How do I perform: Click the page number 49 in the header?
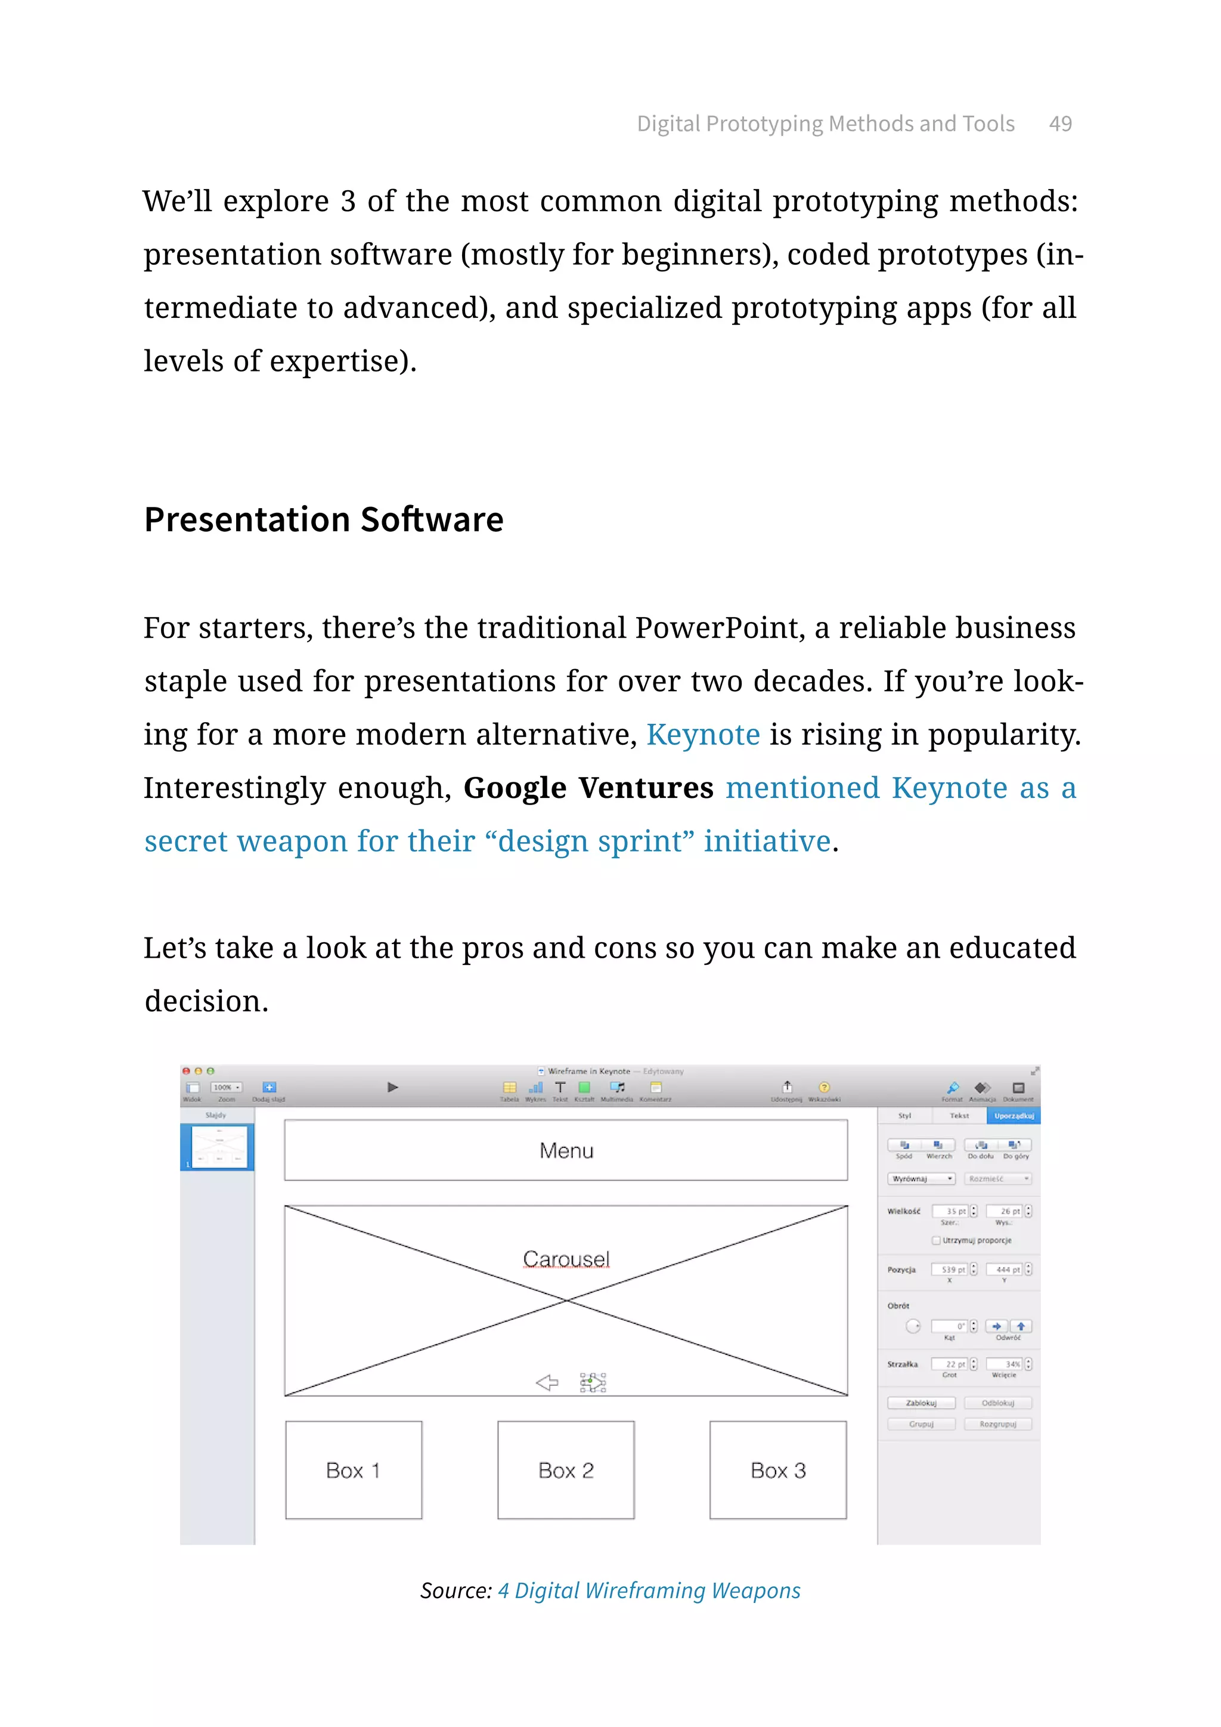pos(1059,123)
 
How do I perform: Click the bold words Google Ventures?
pos(588,788)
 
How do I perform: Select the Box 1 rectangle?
pos(354,1470)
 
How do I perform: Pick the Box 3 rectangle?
pos(777,1470)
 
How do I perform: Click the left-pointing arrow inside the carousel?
pos(547,1382)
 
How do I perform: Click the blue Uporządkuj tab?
pos(1014,1116)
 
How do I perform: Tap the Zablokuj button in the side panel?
pos(921,1403)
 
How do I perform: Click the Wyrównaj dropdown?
pos(921,1178)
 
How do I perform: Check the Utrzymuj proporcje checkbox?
pos(936,1240)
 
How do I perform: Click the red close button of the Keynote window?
pos(185,1070)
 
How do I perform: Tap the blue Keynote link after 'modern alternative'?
pos(703,734)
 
